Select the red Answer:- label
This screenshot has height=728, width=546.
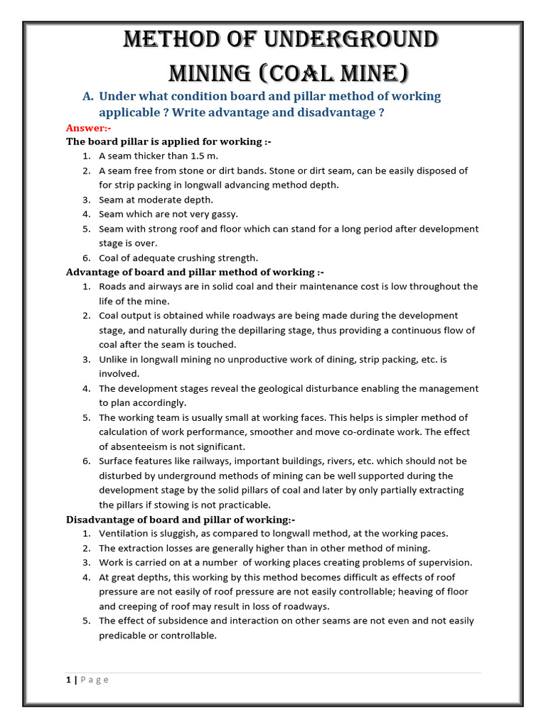tap(89, 127)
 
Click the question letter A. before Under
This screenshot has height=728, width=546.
tap(88, 96)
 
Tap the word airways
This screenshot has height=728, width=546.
tap(165, 287)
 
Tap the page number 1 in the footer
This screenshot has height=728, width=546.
tap(68, 680)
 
